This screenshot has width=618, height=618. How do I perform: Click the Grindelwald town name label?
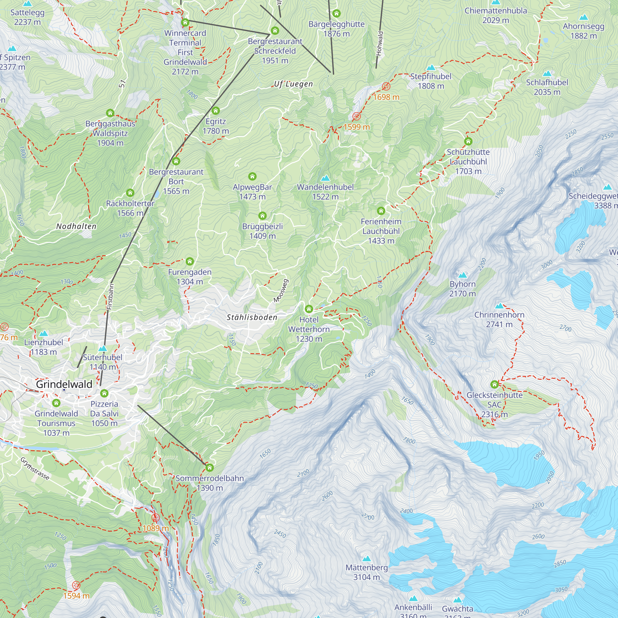pyautogui.click(x=64, y=384)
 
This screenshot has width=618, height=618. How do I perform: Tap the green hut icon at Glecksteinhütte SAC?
pyautogui.click(x=494, y=384)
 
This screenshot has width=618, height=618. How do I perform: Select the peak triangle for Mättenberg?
pyautogui.click(x=366, y=559)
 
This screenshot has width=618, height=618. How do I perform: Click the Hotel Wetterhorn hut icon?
pyautogui.click(x=309, y=309)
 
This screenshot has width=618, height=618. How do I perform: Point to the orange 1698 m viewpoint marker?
pyautogui.click(x=386, y=87)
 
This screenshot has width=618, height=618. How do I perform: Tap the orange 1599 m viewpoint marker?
pyautogui.click(x=357, y=116)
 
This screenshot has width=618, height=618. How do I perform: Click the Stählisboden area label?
pyautogui.click(x=252, y=317)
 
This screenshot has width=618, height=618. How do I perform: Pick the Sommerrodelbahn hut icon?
pyautogui.click(x=210, y=468)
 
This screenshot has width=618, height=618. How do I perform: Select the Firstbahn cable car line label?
pyautogui.click(x=110, y=297)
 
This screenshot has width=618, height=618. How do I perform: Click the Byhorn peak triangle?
pyautogui.click(x=463, y=275)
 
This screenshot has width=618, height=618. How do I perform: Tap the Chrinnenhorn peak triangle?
pyautogui.click(x=499, y=306)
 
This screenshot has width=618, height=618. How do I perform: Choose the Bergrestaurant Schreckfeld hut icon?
pyautogui.click(x=275, y=31)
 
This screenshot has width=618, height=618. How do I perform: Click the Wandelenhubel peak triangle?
pyautogui.click(x=325, y=178)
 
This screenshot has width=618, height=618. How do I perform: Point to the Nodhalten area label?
pyautogui.click(x=76, y=226)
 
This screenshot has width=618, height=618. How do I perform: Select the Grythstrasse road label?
pyautogui.click(x=35, y=469)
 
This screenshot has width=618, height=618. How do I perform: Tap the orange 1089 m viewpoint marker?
pyautogui.click(x=155, y=518)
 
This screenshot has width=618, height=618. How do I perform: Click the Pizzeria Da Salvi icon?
pyautogui.click(x=104, y=393)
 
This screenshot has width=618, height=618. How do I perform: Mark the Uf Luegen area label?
pyautogui.click(x=293, y=84)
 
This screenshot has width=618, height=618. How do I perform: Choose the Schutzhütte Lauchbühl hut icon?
pyautogui.click(x=468, y=141)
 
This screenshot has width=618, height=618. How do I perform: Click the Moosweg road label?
pyautogui.click(x=281, y=291)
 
